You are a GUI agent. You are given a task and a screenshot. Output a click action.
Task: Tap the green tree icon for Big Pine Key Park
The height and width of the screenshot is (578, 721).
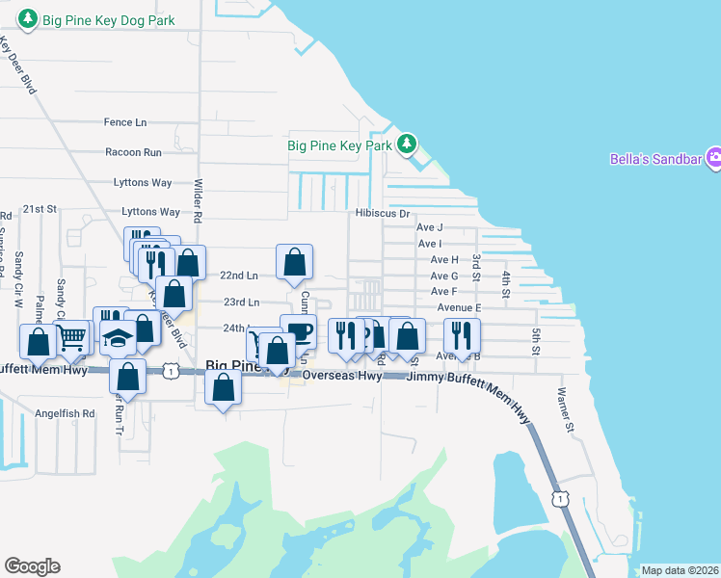[x=408, y=144]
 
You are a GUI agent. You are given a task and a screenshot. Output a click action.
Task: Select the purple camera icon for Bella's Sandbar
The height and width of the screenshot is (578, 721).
[x=714, y=158]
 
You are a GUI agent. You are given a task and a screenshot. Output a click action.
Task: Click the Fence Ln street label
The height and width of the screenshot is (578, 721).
[x=125, y=122]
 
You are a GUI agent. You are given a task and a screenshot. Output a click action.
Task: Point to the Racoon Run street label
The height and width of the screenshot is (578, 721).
[x=133, y=152]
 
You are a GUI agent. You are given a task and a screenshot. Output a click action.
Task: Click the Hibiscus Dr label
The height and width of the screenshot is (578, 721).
[x=382, y=214]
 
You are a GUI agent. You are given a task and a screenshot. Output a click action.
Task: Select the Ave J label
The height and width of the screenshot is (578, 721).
[x=429, y=227]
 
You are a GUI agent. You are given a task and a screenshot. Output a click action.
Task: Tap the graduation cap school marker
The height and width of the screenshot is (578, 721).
[x=119, y=339]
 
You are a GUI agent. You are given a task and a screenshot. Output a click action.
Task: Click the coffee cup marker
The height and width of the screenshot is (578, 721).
[x=299, y=331]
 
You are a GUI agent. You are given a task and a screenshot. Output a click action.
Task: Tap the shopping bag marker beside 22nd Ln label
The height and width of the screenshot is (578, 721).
[x=294, y=261]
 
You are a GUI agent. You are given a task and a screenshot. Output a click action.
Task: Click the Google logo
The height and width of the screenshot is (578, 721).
[x=32, y=566]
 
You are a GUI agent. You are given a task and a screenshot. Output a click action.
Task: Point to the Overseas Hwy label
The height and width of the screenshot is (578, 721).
[x=342, y=377]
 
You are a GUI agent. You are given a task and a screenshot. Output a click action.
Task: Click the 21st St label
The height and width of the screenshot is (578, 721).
[x=41, y=209]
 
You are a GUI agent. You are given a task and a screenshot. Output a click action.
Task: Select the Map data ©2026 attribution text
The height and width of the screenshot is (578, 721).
[x=681, y=570]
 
